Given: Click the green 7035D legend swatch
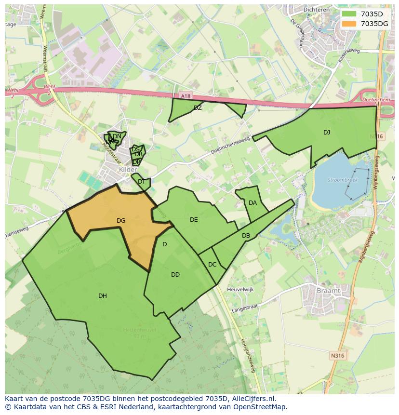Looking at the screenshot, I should click(348, 13).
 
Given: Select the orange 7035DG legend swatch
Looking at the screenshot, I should click(348, 23).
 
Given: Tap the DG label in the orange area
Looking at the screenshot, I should click(121, 221).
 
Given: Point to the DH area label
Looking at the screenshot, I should click(103, 296).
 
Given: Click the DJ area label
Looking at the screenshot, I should click(327, 133).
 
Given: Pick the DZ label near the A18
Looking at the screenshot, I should click(198, 108).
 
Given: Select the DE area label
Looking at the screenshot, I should click(194, 220).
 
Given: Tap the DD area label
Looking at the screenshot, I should click(175, 275).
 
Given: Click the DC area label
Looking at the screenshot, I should click(212, 265).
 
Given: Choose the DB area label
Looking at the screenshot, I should click(246, 236).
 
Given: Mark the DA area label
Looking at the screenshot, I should click(253, 203).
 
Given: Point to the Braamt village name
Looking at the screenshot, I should click(329, 291).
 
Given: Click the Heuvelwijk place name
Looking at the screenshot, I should click(241, 289).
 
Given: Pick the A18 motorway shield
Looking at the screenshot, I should click(186, 96).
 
